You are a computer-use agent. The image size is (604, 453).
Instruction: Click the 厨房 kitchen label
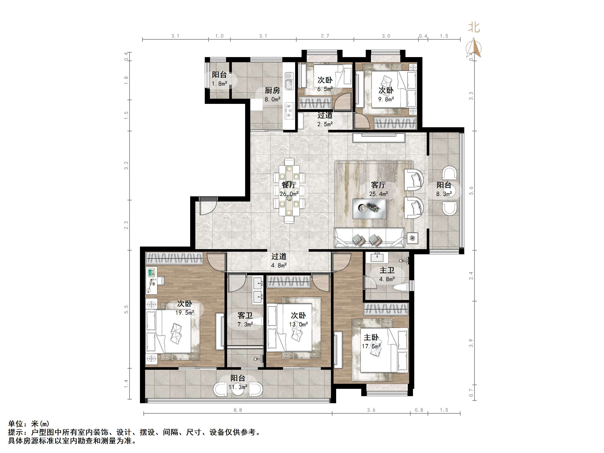(272, 90)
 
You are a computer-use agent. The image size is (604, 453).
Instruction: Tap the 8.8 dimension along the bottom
(238, 410)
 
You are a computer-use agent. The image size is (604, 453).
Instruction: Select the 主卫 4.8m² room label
(387, 274)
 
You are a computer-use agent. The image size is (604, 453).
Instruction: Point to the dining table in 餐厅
(289, 191)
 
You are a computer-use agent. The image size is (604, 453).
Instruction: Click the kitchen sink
(289, 81)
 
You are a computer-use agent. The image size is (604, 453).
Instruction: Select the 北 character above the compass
(474, 27)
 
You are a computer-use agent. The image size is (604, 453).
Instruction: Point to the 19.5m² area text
(185, 313)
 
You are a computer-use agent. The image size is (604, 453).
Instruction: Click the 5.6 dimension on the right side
(471, 191)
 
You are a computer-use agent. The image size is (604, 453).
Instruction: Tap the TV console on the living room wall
(378, 138)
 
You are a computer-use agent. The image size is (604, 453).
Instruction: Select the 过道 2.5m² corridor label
(325, 120)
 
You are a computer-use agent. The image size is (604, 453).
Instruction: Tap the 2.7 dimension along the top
(325, 36)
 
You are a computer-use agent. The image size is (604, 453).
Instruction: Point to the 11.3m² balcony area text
(238, 387)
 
